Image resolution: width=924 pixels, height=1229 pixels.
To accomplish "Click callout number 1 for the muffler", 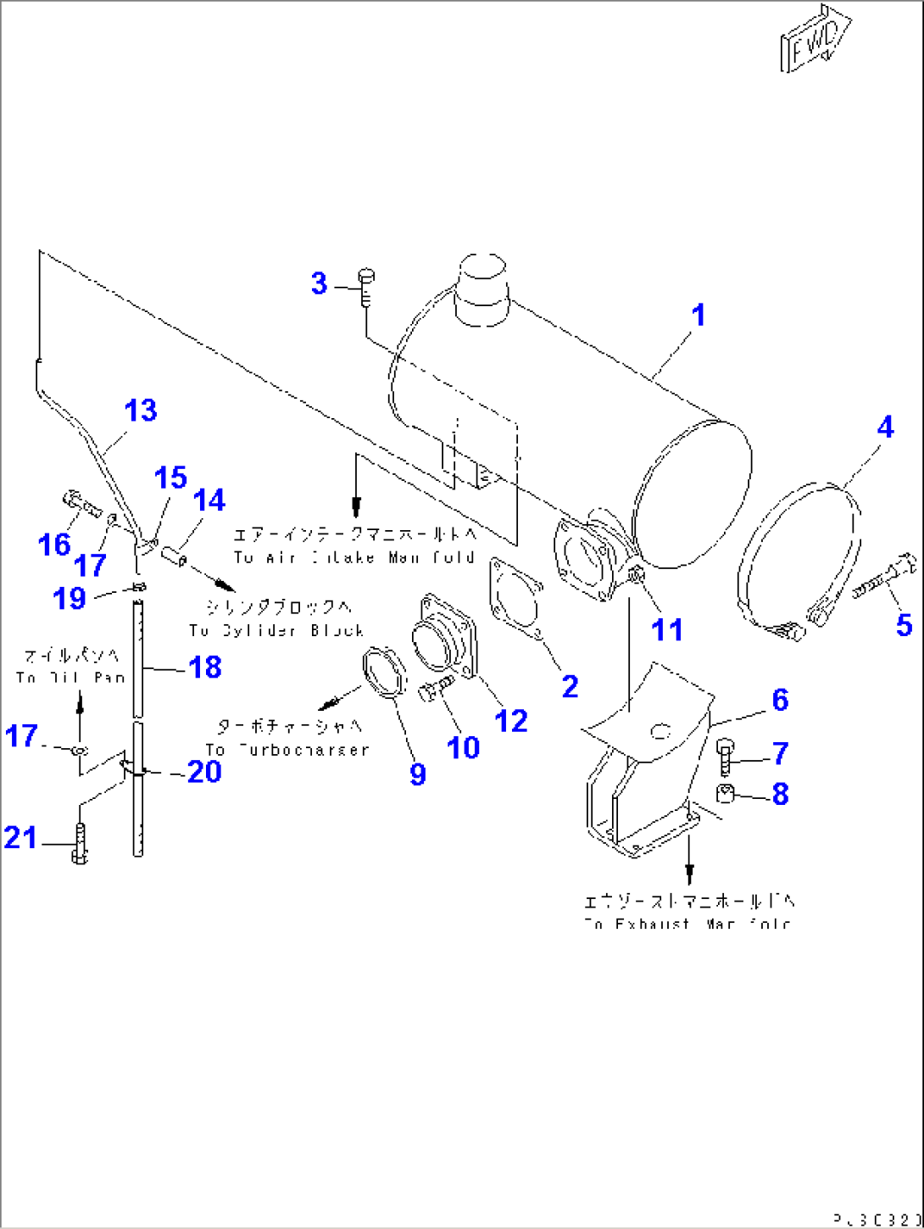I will (698, 316).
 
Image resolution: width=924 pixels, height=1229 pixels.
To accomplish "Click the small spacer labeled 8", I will (726, 794).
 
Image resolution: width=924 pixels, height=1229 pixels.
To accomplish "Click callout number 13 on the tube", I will (141, 411).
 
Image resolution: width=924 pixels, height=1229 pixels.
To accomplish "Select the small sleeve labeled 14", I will (174, 557).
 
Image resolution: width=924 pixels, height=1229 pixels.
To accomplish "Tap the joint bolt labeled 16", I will (81, 506).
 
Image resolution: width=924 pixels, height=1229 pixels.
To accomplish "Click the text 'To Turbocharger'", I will (288, 750).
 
